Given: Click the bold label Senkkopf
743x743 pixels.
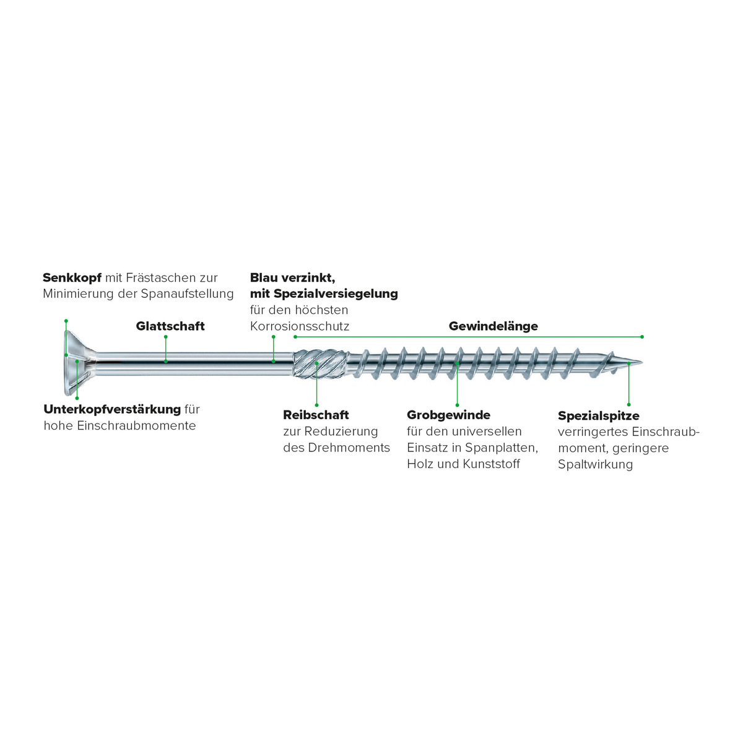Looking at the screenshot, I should [72, 278].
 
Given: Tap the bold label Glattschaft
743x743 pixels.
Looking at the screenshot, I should [170, 326].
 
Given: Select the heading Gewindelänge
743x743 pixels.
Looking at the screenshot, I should [493, 326].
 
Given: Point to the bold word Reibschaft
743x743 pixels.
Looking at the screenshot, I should [316, 415].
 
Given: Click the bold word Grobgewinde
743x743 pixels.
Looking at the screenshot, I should [448, 415].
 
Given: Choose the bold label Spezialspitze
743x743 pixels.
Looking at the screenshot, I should [598, 416].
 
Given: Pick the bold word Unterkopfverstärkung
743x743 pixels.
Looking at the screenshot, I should [112, 409].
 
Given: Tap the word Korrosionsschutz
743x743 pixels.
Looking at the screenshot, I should [300, 326].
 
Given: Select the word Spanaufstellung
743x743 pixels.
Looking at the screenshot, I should [187, 294].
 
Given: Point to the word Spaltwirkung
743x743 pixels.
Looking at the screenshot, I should [595, 464].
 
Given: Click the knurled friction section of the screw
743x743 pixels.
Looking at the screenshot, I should [316, 364].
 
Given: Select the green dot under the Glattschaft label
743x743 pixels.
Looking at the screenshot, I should [166, 361].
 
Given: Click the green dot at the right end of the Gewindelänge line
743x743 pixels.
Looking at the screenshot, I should [642, 337].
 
